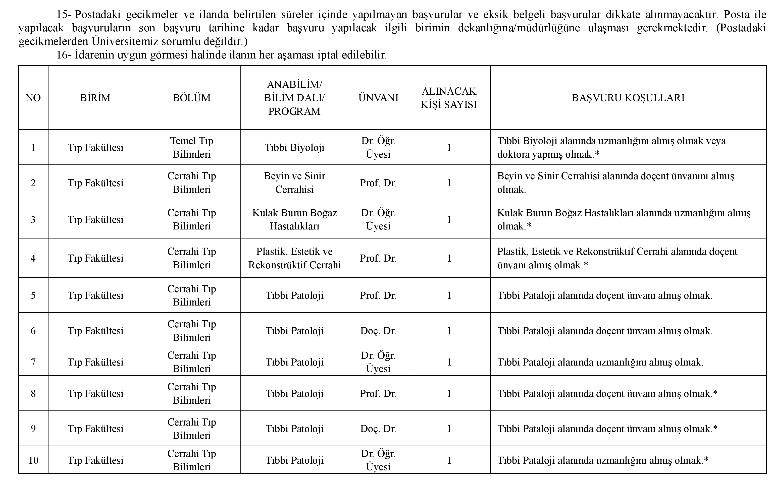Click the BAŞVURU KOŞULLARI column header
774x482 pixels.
click(x=628, y=98)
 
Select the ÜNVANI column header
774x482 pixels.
click(x=378, y=98)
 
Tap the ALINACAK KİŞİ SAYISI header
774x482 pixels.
click(x=449, y=98)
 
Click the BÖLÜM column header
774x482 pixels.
click(x=192, y=98)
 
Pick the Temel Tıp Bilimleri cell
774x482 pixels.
click(x=192, y=147)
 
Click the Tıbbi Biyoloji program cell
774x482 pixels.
click(x=294, y=147)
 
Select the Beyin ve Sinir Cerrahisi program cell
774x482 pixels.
click(x=294, y=183)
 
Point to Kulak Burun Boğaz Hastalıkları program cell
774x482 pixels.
click(x=294, y=219)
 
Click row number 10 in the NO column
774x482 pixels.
click(x=33, y=460)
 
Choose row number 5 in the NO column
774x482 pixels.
click(x=33, y=295)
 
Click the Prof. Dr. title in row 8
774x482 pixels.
click(x=378, y=393)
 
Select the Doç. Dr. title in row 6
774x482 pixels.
click(x=378, y=331)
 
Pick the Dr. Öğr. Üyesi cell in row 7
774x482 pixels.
click(x=378, y=362)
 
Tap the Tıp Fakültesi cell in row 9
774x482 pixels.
click(x=95, y=429)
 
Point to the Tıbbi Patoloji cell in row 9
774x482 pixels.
click(x=294, y=429)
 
